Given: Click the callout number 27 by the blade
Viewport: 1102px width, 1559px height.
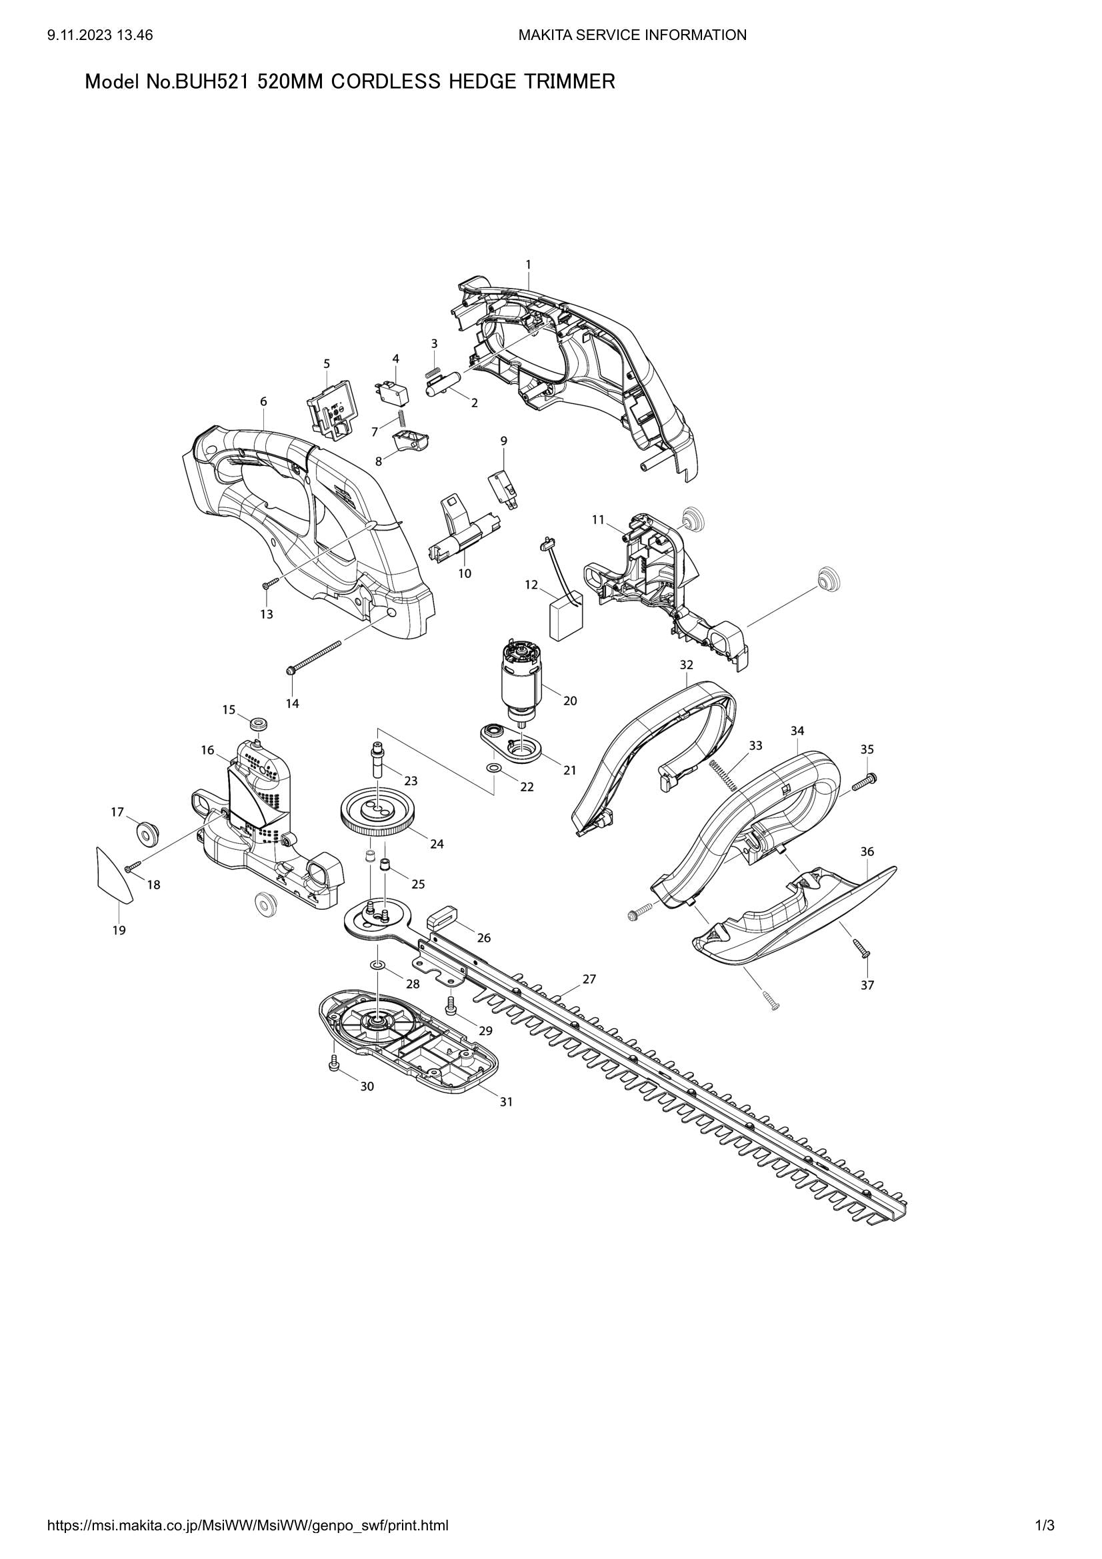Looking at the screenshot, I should [589, 979].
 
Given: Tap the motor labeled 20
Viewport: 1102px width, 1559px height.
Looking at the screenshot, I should [521, 679].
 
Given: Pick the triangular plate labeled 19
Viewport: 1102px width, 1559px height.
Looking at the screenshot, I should [110, 875].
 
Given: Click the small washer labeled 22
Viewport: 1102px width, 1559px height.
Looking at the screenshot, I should [494, 768].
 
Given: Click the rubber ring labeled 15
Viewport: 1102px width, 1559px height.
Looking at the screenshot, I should [258, 724].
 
